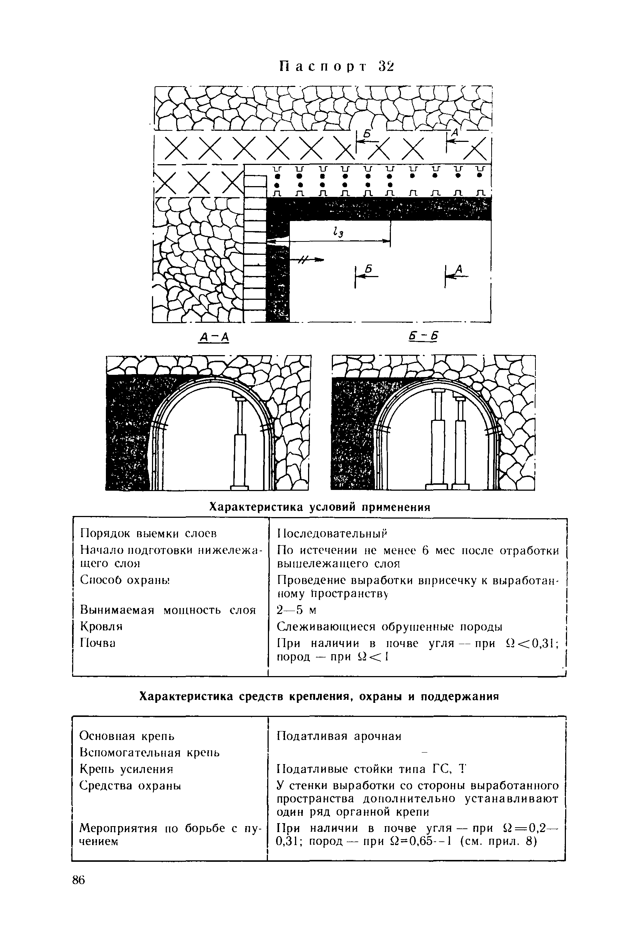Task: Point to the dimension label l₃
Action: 337,233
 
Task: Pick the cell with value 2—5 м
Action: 297,610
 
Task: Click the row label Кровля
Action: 101,626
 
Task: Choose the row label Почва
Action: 98,643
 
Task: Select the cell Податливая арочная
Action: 339,736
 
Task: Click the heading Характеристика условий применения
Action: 319,507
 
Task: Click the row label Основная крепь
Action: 127,736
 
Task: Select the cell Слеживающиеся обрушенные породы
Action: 389,627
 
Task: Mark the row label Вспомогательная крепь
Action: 150,753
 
